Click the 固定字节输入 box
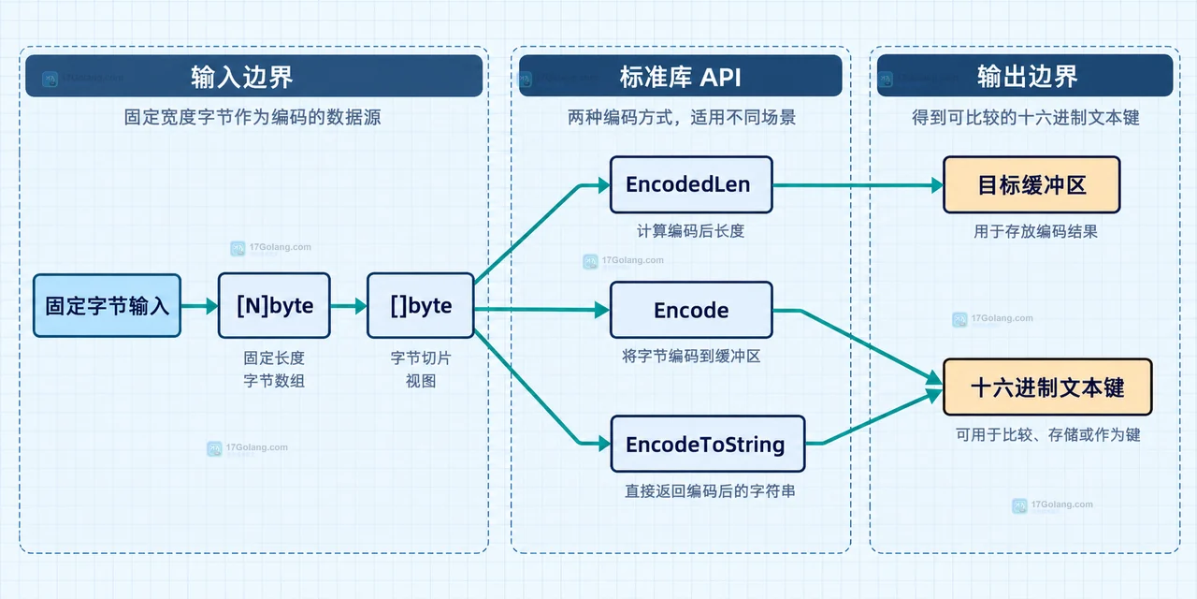click(107, 306)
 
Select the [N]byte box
click(274, 305)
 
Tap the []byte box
click(421, 305)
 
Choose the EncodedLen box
click(691, 184)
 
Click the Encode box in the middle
click(691, 310)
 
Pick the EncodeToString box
click(708, 444)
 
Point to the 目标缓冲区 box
click(1031, 185)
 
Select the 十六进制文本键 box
click(1047, 387)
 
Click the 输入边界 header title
click(242, 77)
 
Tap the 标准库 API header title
click(680, 77)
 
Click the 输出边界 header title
click(1027, 77)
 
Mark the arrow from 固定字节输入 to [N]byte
click(199, 306)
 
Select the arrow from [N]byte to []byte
click(349, 306)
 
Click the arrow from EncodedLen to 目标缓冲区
click(858, 185)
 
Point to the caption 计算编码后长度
click(690, 231)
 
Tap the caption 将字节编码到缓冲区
click(691, 357)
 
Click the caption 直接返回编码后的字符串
click(710, 491)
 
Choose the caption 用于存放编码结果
click(1035, 231)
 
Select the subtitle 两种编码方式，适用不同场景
click(682, 117)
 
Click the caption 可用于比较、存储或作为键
click(1048, 434)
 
